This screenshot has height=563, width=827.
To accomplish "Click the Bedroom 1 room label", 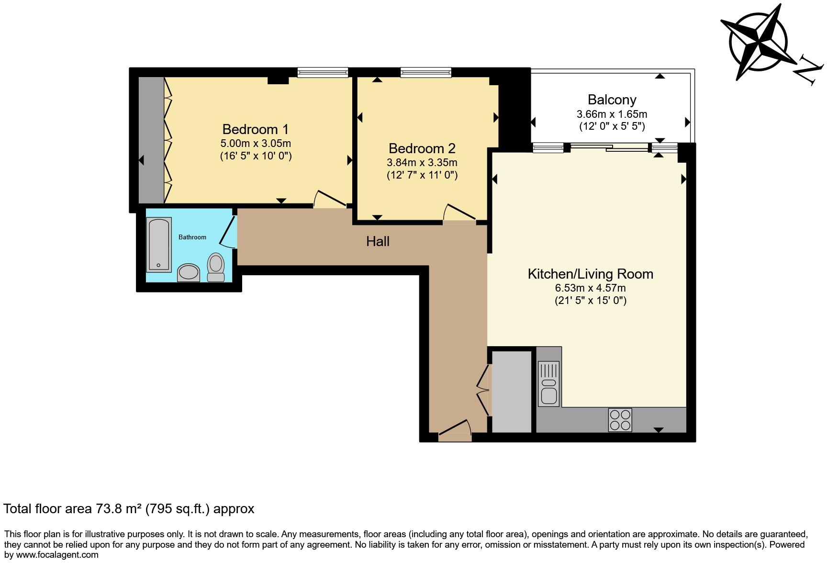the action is tap(256, 129).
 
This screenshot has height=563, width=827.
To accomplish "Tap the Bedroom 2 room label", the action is tap(422, 148).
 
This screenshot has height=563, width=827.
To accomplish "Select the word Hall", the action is tap(378, 241).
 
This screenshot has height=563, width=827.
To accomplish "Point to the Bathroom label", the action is tap(192, 237).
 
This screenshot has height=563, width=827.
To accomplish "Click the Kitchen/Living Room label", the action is tap(590, 274).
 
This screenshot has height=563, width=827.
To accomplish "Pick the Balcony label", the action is tap(612, 100).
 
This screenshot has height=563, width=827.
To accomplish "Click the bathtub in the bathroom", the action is tap(158, 245).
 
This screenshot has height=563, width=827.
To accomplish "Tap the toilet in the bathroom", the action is tap(216, 267).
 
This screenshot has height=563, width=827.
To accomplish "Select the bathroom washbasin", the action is tap(189, 273).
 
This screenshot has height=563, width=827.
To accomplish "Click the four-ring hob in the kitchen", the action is tap(620, 420).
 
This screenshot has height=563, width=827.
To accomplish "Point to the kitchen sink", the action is tap(548, 384).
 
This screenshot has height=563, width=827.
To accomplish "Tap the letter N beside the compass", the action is tap(808, 72).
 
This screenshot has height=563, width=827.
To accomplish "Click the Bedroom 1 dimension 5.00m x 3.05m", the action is tap(256, 143).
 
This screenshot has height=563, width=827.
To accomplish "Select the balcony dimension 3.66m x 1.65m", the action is tap(612, 114).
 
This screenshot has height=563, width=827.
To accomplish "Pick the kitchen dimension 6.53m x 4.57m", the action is tap(590, 288).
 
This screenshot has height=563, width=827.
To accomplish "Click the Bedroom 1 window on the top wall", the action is tap(323, 72).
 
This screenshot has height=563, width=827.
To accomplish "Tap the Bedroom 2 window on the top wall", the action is tap(426, 72).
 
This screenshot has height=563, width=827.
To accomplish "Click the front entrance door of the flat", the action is tap(455, 431).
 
